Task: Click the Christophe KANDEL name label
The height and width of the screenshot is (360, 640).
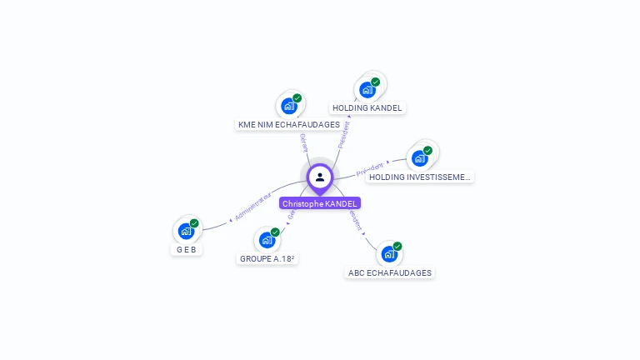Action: [x=320, y=203]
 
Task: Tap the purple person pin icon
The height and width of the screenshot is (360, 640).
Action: [x=320, y=177]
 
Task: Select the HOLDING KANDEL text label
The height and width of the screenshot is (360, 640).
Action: [x=367, y=107]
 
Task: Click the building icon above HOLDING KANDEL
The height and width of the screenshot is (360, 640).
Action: [x=367, y=89]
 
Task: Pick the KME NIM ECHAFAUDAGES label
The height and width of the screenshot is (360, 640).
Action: [x=289, y=124]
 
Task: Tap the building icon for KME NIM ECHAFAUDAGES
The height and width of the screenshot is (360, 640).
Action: [x=288, y=106]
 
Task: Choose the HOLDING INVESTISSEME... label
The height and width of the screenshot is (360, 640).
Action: [x=420, y=177]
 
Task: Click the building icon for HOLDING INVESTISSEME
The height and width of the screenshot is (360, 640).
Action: [x=420, y=157]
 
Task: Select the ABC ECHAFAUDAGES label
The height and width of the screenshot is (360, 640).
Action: [x=390, y=272]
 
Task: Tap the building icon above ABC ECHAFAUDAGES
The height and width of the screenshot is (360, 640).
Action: [x=389, y=254]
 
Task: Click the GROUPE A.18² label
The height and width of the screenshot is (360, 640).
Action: [x=267, y=258]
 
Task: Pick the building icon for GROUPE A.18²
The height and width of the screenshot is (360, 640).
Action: [x=267, y=240]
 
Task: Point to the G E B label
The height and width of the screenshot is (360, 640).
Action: [x=187, y=249]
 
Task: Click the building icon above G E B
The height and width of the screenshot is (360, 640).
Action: [x=186, y=231]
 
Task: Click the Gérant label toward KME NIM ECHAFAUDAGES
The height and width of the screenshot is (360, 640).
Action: [x=303, y=142]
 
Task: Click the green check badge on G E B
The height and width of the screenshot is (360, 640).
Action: [x=194, y=223]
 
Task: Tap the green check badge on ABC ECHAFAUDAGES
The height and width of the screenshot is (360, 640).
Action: [x=397, y=247]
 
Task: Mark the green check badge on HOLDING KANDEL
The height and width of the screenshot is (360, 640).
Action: [x=375, y=82]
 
